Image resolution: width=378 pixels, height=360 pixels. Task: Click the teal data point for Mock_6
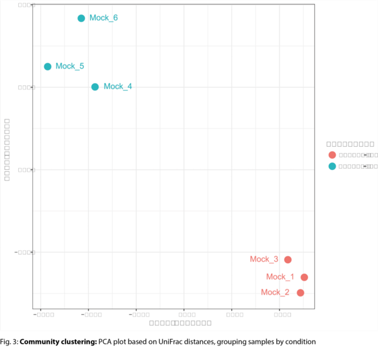point(81,18)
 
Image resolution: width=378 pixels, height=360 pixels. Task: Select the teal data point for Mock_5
point(47,67)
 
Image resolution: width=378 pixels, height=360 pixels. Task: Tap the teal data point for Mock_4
point(94,87)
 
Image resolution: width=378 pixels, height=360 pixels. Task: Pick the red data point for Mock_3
point(288,260)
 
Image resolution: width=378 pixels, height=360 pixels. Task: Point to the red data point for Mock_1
point(304,278)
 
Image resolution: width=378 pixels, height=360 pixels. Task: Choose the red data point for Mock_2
point(301,293)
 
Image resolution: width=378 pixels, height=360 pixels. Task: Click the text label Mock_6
point(103,18)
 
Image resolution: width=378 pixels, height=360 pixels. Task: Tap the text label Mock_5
point(69,66)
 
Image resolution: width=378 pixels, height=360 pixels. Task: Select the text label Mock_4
point(117,87)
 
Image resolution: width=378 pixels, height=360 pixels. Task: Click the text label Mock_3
point(264,259)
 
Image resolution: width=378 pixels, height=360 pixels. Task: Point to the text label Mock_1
point(280,277)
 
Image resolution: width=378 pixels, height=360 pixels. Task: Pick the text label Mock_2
point(275,292)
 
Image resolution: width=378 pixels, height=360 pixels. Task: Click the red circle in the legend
point(332,155)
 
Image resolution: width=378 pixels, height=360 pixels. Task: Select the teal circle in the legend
point(332,166)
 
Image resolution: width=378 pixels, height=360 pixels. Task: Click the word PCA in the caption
point(106,342)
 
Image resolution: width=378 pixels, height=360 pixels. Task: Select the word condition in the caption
point(292,342)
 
